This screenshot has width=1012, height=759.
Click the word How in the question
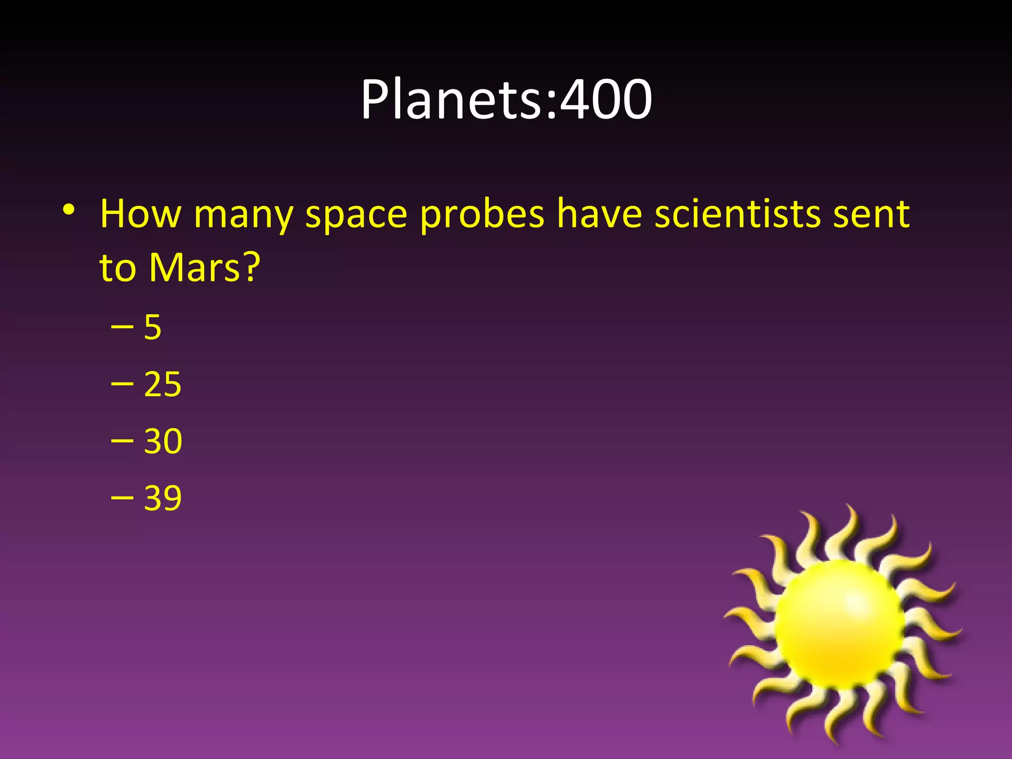[141, 214]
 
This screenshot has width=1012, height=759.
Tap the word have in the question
[599, 214]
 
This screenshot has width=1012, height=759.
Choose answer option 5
[153, 327]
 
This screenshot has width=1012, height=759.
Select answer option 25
[163, 384]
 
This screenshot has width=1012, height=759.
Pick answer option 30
[163, 441]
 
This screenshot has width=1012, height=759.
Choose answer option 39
[163, 498]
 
